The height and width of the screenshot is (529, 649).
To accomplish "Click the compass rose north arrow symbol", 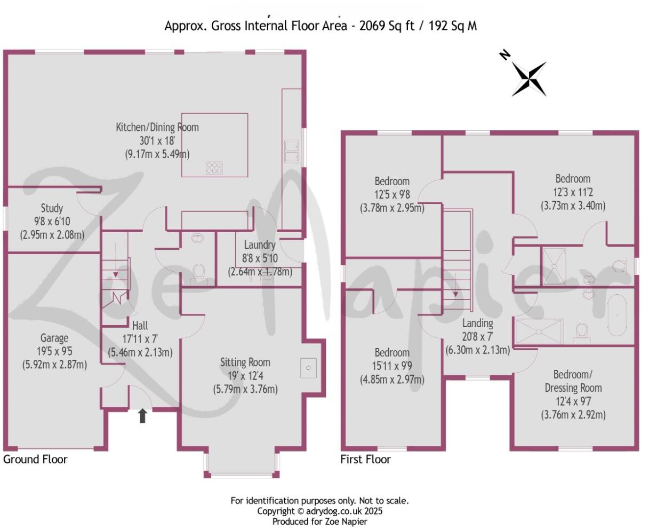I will coord(528,78).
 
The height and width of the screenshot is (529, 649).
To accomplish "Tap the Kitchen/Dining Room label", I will coord(157,127).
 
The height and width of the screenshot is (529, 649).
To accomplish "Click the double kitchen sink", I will coord(291,151).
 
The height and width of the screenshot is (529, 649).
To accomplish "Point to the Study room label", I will coord(52,208).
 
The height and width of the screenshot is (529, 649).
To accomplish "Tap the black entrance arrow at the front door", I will coord(142,416).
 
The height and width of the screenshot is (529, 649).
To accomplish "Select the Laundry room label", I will coord(260,245).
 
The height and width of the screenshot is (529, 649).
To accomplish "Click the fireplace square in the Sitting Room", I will coord(310,367).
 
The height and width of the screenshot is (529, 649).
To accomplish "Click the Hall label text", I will coord(140,326).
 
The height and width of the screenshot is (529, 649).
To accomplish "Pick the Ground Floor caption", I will coord(35,459).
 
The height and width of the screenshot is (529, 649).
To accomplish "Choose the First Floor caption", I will coord(365,459).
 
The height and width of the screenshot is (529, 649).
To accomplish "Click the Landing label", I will coord(477,323).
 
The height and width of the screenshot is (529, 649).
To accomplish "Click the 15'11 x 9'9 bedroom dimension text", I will coord(392,366).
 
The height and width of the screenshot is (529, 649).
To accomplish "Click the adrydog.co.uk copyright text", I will coord(320,511).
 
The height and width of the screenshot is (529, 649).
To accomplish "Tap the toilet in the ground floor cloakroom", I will coord(199,272).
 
